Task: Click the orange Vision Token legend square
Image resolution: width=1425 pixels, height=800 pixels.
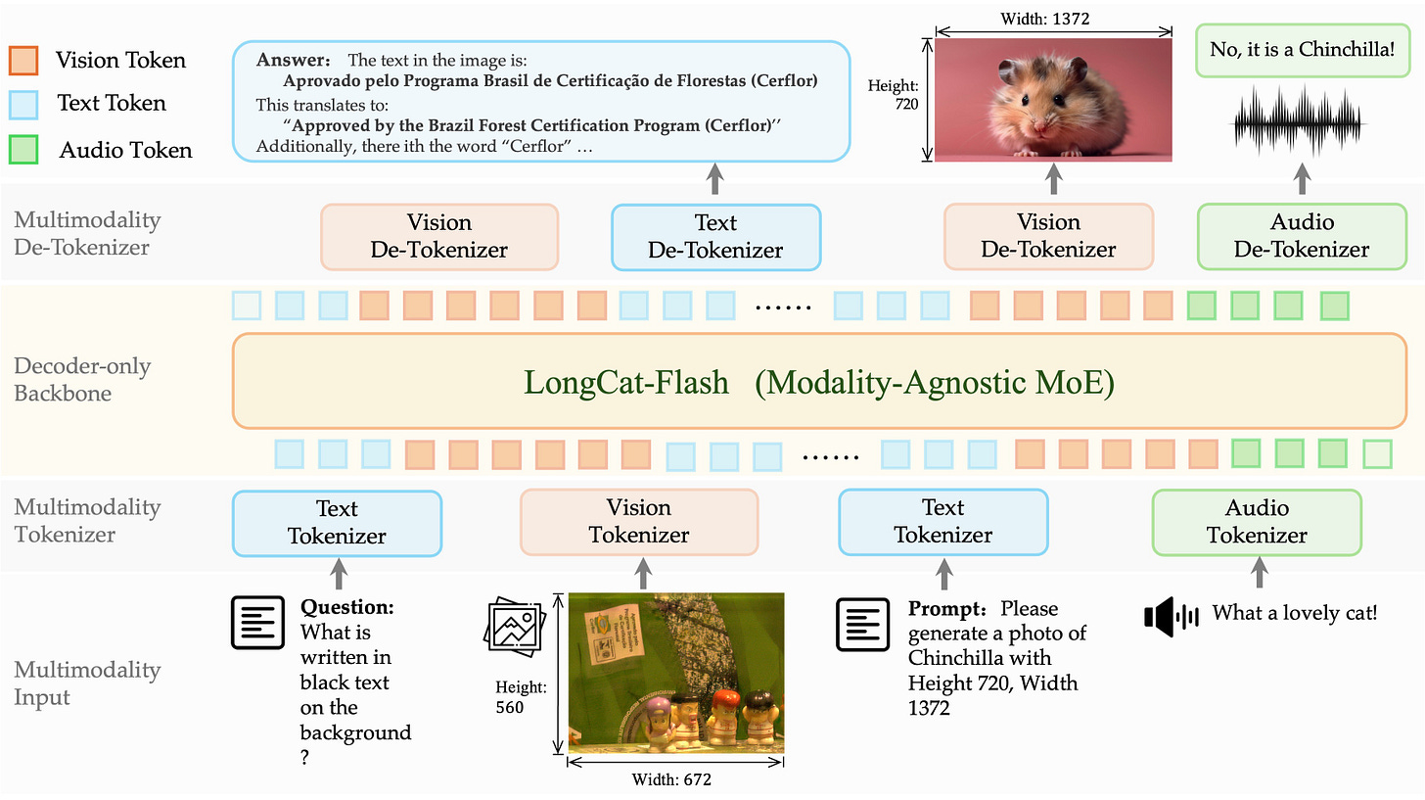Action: click(x=23, y=60)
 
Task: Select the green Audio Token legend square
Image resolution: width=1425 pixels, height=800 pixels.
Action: click(x=23, y=149)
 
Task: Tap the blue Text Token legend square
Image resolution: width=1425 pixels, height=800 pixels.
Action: click(x=23, y=103)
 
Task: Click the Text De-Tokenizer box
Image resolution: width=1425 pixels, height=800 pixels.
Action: click(x=715, y=236)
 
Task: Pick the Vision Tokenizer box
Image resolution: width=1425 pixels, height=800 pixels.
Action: click(x=638, y=521)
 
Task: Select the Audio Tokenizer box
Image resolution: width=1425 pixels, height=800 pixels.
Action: click(x=1257, y=521)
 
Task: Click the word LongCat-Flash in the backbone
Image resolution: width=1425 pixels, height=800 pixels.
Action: click(x=626, y=382)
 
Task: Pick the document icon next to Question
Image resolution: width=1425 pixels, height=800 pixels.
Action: click(x=256, y=622)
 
